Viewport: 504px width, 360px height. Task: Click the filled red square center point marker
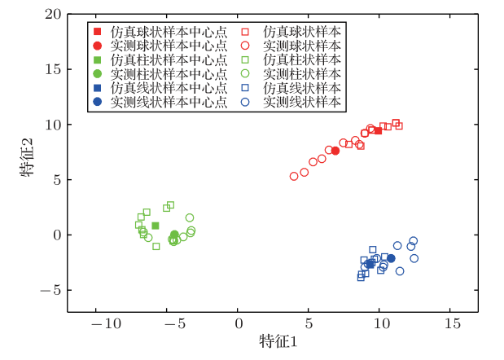[x=378, y=130]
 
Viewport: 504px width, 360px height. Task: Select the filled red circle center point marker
[x=335, y=151]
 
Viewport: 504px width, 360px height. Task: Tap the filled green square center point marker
[x=156, y=226]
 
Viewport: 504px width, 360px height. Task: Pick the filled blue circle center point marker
[x=391, y=258]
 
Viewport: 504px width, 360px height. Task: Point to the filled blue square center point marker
[x=370, y=264]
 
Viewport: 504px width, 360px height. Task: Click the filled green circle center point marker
[x=174, y=235]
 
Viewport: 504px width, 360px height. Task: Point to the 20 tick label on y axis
[x=53, y=15]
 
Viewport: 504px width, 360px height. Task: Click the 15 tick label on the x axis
[x=450, y=325]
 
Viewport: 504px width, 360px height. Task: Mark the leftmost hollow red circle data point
[x=294, y=176]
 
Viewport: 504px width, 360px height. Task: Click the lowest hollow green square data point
[x=156, y=246]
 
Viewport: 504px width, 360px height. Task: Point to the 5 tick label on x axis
[x=309, y=325]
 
